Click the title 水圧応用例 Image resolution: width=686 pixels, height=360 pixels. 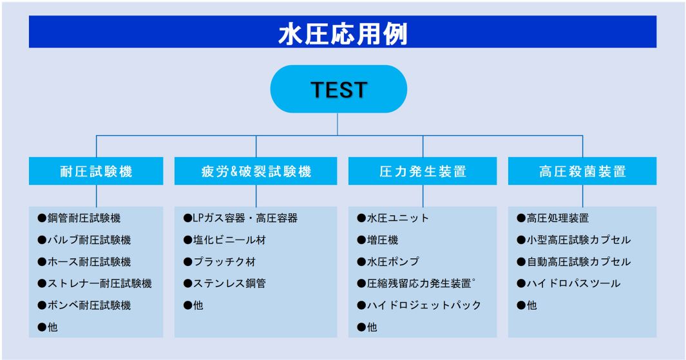(343, 34)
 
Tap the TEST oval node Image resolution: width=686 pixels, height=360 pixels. (339, 90)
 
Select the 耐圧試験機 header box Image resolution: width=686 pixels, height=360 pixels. (96, 171)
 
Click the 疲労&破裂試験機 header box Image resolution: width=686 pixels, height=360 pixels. (256, 171)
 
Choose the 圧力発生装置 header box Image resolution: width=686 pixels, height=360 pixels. (423, 171)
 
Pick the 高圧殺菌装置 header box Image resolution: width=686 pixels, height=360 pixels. (582, 171)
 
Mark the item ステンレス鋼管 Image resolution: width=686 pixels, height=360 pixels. (225, 283)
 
